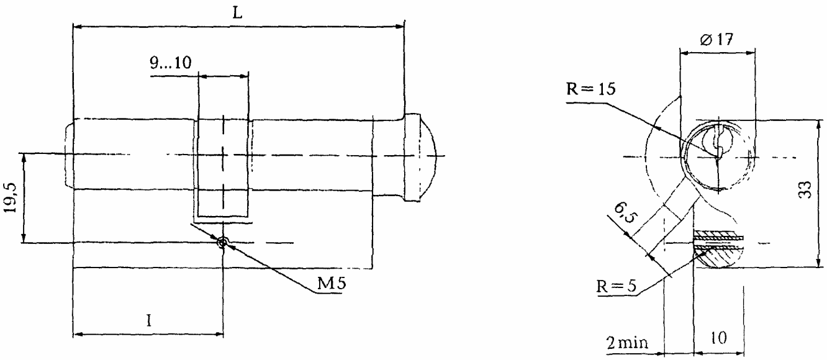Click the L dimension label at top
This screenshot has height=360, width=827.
point(237,13)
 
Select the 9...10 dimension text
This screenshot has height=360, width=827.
point(171,63)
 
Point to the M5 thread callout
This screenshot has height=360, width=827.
point(332,283)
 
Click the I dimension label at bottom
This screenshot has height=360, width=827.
point(149,320)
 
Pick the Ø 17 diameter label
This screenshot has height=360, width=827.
point(716,40)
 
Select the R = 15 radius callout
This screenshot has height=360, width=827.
point(590,89)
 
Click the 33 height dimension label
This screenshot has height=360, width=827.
point(805,190)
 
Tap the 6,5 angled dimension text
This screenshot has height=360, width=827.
point(624,213)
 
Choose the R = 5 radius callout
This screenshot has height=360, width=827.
point(617,286)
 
